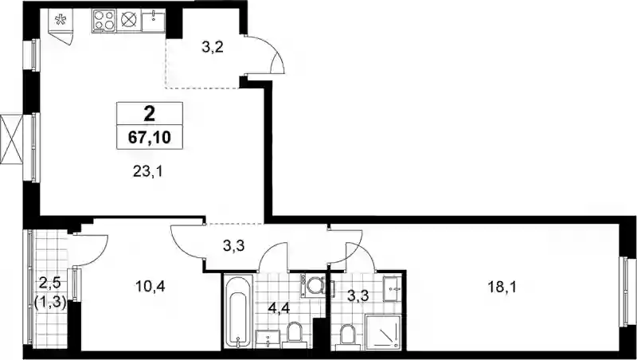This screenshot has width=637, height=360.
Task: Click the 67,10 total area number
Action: point(149,138)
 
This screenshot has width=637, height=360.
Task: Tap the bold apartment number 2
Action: point(149,114)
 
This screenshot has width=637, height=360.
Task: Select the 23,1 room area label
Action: point(147,172)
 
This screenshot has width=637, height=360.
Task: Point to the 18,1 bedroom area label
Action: point(502,288)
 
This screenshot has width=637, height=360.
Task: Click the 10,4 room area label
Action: point(150,287)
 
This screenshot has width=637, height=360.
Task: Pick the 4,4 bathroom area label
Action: point(279,307)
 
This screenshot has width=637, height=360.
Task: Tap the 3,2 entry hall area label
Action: point(213,47)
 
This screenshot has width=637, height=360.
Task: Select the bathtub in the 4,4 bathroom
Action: point(238,311)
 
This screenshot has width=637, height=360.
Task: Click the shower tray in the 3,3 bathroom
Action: point(383,332)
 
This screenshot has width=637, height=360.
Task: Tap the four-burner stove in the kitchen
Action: point(104,21)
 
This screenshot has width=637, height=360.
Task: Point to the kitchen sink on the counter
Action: point(153,21)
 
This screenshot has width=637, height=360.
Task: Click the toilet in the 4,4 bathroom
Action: point(295,335)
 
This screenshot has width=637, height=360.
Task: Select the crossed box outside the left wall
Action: point(11,139)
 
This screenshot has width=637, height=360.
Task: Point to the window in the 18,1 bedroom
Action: point(630,292)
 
